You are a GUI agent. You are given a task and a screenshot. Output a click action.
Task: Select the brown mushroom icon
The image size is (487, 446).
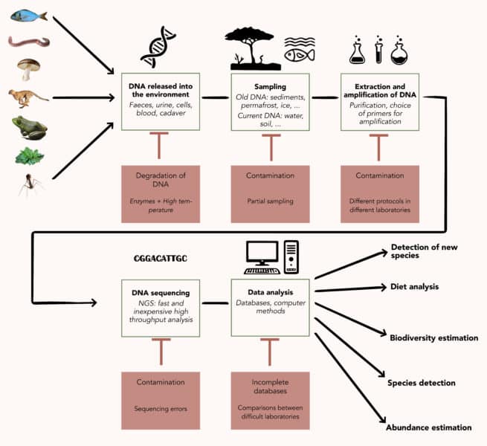(x=28, y=69)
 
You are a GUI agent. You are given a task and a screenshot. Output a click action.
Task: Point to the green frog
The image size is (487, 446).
(x=29, y=127)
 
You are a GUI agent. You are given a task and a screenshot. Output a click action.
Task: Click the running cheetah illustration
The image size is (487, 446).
(x=29, y=97)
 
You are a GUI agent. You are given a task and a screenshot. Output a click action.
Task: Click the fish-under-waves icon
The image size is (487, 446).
(x=299, y=50)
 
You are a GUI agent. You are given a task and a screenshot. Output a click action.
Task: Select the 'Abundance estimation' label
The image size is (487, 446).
(x=428, y=427)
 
